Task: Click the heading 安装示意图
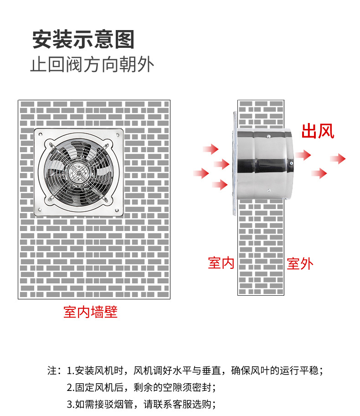pyautogui.click(x=83, y=39)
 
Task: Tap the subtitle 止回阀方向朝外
pyautogui.click(x=92, y=64)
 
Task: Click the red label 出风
pyautogui.click(x=318, y=131)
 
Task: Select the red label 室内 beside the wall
pyautogui.click(x=221, y=262)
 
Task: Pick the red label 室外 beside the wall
pyautogui.click(x=300, y=264)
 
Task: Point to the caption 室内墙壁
pyautogui.click(x=91, y=312)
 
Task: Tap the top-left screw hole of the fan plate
pyautogui.click(x=40, y=134)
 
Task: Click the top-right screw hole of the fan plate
pyautogui.click(x=117, y=135)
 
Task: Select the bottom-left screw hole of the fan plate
pyautogui.click(x=40, y=210)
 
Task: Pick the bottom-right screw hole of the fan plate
pyautogui.click(x=117, y=211)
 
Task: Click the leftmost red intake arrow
pyautogui.click(x=201, y=173)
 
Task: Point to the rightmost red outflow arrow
pyautogui.click(x=338, y=159)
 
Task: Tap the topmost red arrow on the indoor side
pyautogui.click(x=211, y=149)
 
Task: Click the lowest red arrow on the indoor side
pyautogui.click(x=220, y=185)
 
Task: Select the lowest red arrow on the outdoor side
pyautogui.click(x=319, y=173)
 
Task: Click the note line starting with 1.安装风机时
pyautogui.click(x=195, y=370)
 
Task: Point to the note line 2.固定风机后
pyautogui.click(x=141, y=387)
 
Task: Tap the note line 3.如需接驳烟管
pyautogui.click(x=141, y=404)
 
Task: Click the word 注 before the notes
pyautogui.click(x=52, y=370)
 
